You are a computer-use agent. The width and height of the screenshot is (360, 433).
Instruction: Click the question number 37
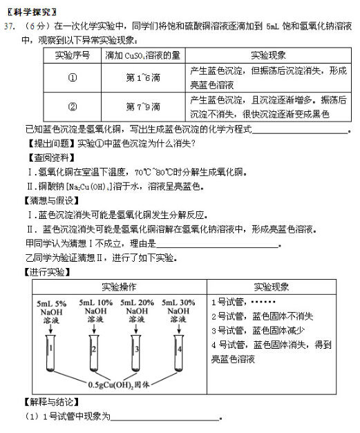pos(9,26)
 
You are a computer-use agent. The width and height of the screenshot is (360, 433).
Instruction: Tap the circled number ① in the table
pos(72,78)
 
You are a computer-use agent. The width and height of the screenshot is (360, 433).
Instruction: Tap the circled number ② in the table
pos(72,107)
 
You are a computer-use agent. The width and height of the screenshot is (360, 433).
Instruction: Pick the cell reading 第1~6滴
pos(143,78)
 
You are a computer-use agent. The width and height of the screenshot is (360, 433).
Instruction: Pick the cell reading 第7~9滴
pos(143,107)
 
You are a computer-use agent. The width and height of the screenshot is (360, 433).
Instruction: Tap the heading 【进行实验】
pos(46,272)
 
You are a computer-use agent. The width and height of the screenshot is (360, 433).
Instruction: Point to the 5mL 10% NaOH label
pos(95,311)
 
